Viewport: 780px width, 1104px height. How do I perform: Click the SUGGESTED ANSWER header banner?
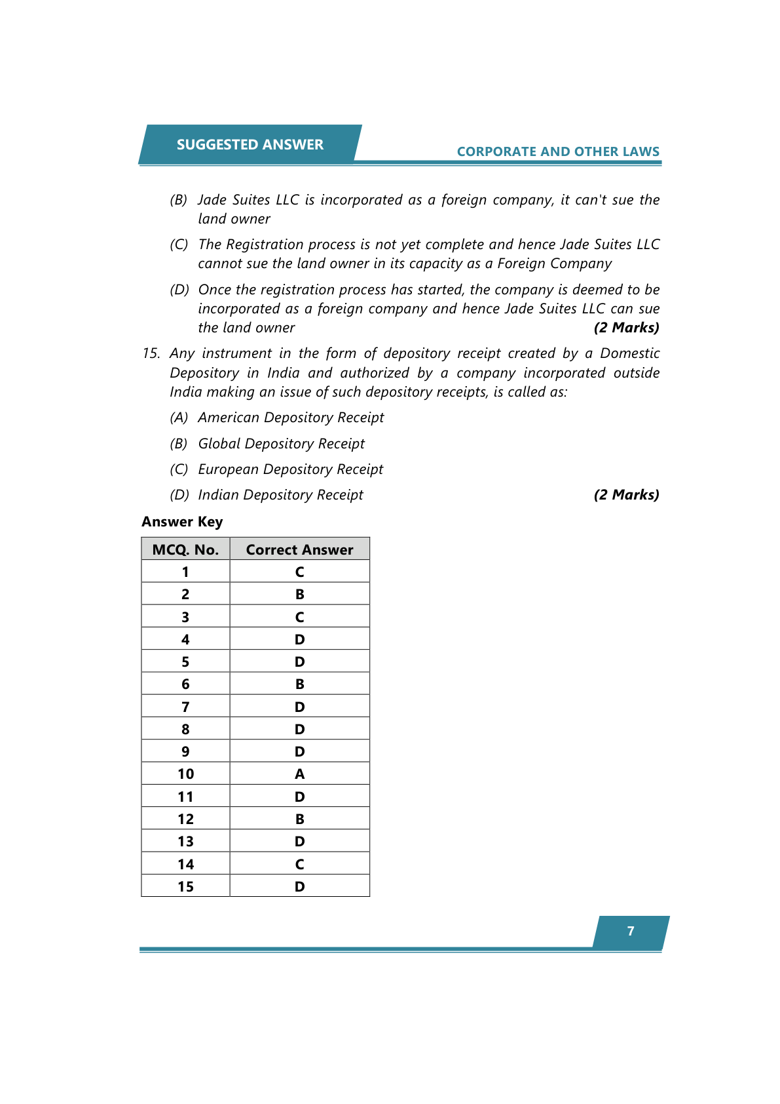pyautogui.click(x=250, y=144)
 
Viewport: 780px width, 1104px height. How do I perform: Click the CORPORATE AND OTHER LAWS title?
pyautogui.click(x=558, y=151)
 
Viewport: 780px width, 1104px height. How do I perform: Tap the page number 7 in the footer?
pyautogui.click(x=631, y=931)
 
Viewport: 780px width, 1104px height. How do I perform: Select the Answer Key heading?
pyautogui.click(x=182, y=522)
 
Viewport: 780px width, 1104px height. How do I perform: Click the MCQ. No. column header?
pyautogui.click(x=185, y=549)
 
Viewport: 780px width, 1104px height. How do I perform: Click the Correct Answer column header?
pyautogui.click(x=299, y=549)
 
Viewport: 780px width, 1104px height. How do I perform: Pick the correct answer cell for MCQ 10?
pyautogui.click(x=299, y=774)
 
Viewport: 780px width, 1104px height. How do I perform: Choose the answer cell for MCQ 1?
pyautogui.click(x=299, y=572)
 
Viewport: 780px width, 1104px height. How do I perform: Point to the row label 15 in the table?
pyautogui.click(x=185, y=886)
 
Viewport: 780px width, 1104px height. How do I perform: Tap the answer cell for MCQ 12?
pyautogui.click(x=299, y=819)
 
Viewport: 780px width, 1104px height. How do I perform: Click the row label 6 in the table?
pyautogui.click(x=185, y=684)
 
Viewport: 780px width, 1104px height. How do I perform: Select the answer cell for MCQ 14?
pyautogui.click(x=299, y=864)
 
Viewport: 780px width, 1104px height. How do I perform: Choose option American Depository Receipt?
pyautogui.click(x=291, y=418)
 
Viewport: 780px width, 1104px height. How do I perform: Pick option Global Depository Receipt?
pyautogui.click(x=281, y=444)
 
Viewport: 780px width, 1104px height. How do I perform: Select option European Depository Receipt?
pyautogui.click(x=290, y=469)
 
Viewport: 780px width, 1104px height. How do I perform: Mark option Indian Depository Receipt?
pyautogui.click(x=280, y=495)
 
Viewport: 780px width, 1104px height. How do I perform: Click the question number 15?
pyautogui.click(x=151, y=353)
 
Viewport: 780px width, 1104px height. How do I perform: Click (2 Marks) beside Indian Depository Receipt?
pyautogui.click(x=626, y=495)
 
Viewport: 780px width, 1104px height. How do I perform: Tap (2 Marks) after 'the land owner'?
pyautogui.click(x=626, y=328)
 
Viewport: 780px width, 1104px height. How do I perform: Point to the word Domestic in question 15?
pyautogui.click(x=629, y=353)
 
